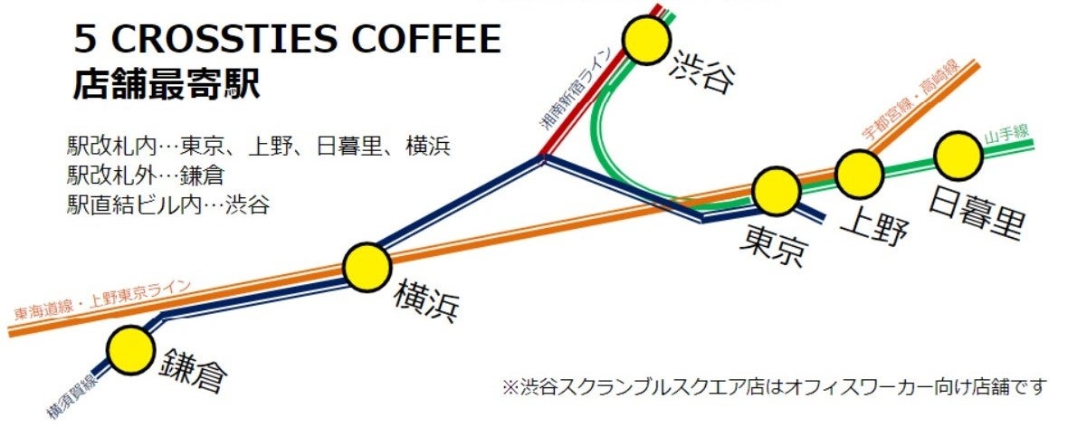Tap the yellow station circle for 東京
pos(776,190)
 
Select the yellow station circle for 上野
pos(858,174)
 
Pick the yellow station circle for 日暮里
pos(959,156)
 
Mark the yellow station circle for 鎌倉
pos(130,349)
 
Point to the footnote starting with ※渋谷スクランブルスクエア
pos(774,387)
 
